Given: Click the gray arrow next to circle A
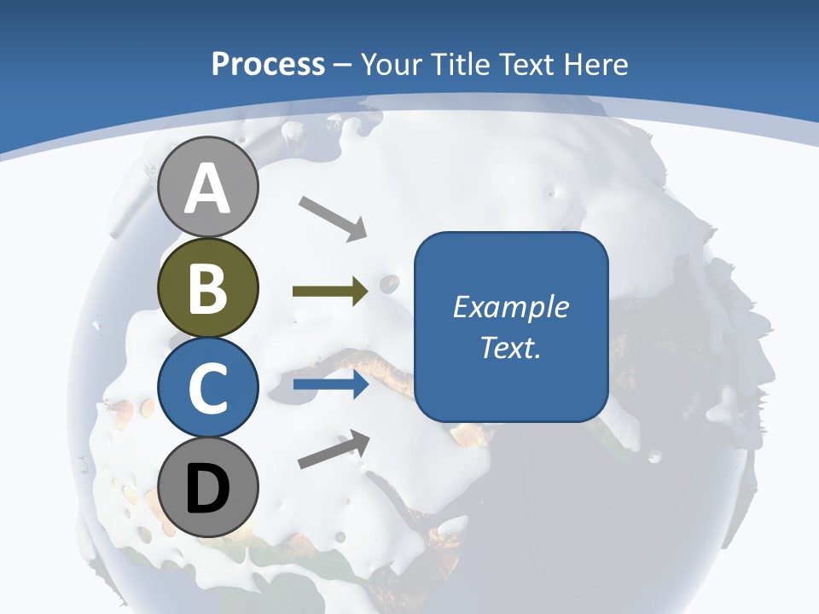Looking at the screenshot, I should (x=333, y=217).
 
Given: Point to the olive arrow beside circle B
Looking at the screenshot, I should (x=330, y=292).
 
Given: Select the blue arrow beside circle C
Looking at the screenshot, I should (x=330, y=385).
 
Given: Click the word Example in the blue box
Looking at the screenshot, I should (x=511, y=307).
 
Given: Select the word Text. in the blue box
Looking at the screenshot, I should (x=511, y=348).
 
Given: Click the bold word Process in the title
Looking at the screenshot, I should (x=268, y=64).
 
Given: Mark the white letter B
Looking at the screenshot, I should (x=208, y=288).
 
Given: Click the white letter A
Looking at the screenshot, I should (x=208, y=188).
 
